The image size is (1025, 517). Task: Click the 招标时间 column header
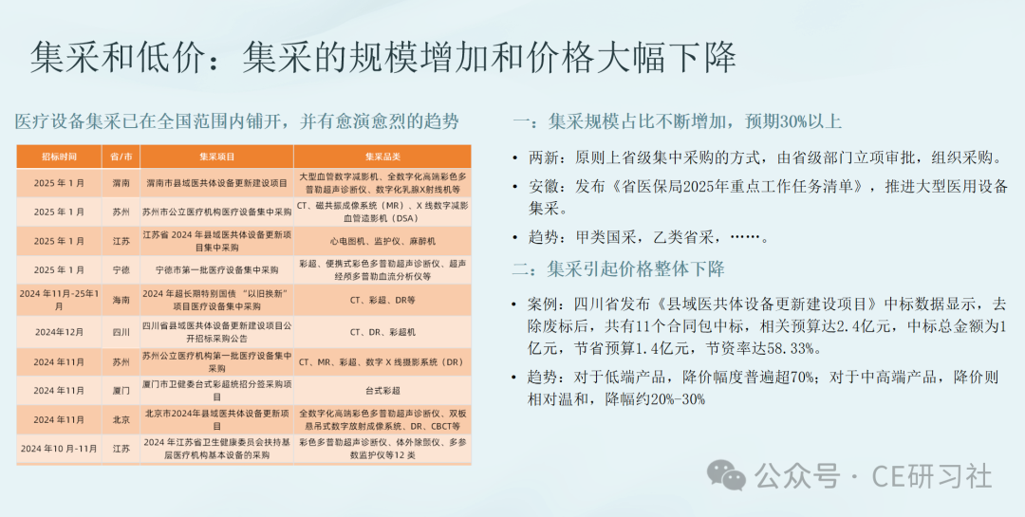click(59, 157)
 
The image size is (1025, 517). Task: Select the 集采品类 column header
click(382, 157)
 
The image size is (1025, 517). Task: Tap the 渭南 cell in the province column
click(121, 184)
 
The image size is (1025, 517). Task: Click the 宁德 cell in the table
click(121, 270)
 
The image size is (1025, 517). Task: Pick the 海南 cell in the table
click(121, 300)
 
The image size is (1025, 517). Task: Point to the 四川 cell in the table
click(121, 331)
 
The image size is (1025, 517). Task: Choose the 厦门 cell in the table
click(121, 390)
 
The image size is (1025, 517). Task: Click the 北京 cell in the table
click(121, 419)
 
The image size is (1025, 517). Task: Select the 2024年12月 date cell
click(59, 331)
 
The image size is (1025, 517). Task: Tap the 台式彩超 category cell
click(382, 390)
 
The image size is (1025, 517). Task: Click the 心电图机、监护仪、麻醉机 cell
click(382, 241)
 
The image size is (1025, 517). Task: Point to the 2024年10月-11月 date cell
click(59, 449)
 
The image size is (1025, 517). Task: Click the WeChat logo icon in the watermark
click(726, 474)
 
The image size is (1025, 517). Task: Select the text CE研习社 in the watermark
click(932, 476)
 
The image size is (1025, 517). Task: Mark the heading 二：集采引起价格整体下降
click(619, 268)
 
